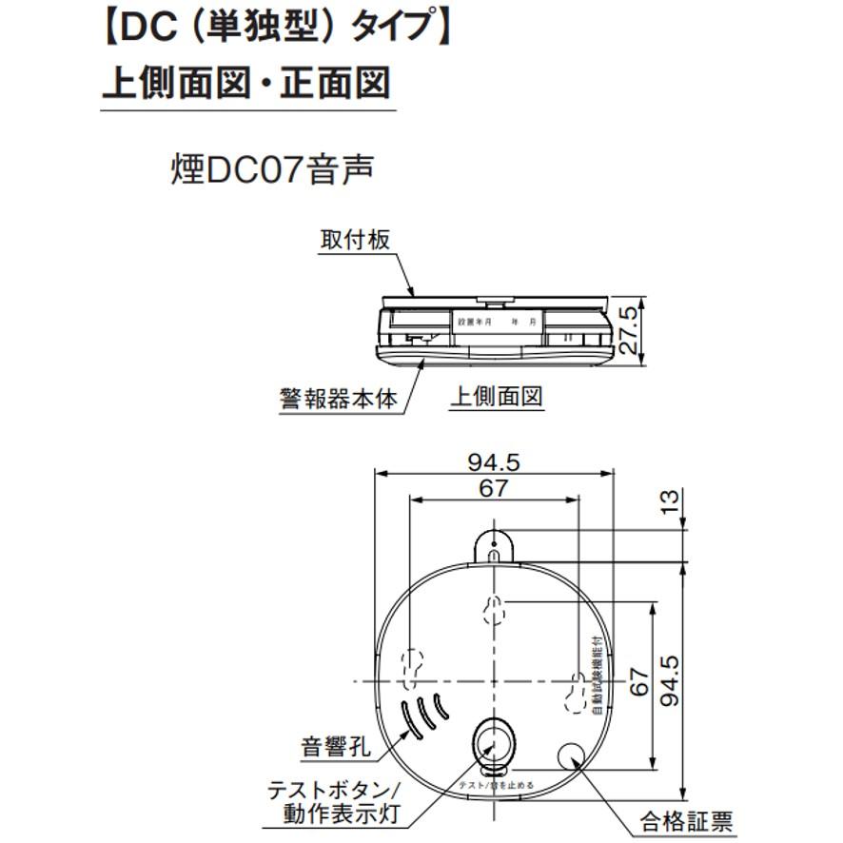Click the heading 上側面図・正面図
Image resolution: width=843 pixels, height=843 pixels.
[x=246, y=84]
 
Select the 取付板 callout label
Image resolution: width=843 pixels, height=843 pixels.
[x=354, y=239]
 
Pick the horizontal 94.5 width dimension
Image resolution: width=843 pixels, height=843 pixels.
[x=494, y=463]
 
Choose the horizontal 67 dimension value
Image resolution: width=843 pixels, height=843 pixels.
[x=494, y=489]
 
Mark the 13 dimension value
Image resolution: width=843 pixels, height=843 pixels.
[x=672, y=500]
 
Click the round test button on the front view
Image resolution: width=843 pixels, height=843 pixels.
[x=494, y=737]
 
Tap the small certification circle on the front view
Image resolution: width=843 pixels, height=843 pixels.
[x=576, y=756]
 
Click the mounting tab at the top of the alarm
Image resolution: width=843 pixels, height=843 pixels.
[x=494, y=546]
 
